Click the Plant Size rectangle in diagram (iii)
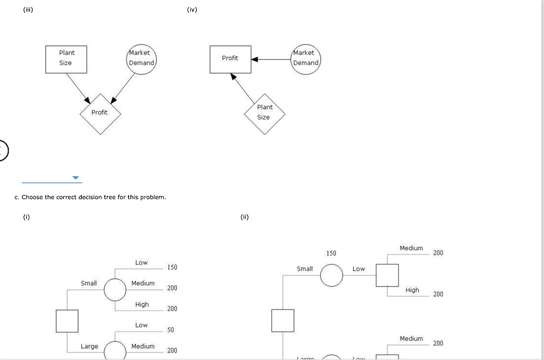[x=66, y=58]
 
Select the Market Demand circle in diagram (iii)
[x=141, y=58]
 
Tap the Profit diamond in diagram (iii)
[x=100, y=113]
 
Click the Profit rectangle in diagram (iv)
[x=229, y=58]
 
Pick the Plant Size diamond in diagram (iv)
[x=264, y=113]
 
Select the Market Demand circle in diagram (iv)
[x=305, y=58]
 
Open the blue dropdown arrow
[x=75, y=178]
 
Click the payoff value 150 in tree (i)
[x=172, y=267]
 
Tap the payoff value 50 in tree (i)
[x=171, y=330]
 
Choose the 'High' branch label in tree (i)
[x=142, y=304]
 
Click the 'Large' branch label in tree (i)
[x=89, y=346]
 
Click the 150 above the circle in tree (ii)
[x=331, y=253]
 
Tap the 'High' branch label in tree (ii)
[x=412, y=290]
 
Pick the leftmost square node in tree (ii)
[x=283, y=320]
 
